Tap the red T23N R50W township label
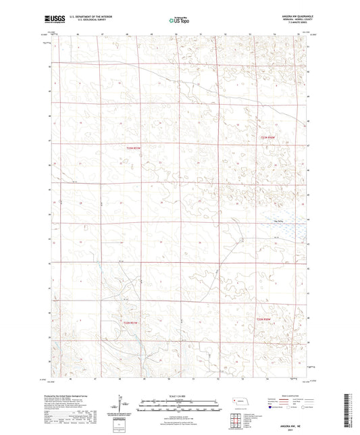tap(269, 137)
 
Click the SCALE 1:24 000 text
tap(179, 396)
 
